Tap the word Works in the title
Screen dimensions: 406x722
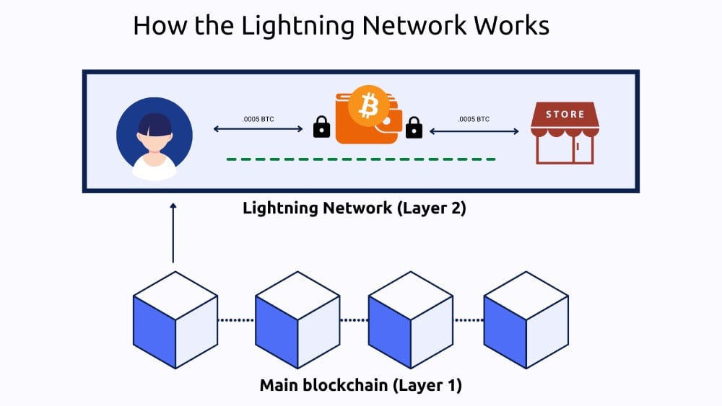(512, 25)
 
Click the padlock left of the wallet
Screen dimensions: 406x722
(321, 128)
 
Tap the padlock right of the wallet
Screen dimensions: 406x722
(414, 128)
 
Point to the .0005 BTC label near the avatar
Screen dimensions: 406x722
(258, 119)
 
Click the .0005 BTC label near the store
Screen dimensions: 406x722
(474, 119)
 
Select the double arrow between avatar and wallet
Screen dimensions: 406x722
(258, 131)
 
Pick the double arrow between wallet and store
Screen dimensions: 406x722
(474, 131)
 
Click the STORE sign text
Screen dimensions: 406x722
(565, 114)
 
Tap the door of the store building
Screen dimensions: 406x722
(582, 150)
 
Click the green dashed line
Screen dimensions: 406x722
(361, 159)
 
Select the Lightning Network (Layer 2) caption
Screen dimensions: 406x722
(355, 208)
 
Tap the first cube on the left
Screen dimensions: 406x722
(175, 319)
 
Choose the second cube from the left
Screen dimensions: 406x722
(297, 319)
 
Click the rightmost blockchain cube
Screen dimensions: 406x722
(526, 319)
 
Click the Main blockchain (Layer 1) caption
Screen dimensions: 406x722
(360, 385)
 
